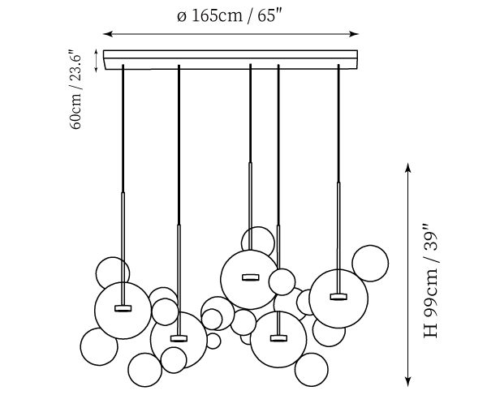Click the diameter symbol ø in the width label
pos(181,18)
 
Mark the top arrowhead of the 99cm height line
pos(408,167)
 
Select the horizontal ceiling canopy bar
pos(231,58)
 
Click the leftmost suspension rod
pos(123,130)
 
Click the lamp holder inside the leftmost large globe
pos(123,307)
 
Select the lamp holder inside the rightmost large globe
pos(338,296)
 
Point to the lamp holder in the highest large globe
pos(249,277)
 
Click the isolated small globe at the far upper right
pos(369,263)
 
